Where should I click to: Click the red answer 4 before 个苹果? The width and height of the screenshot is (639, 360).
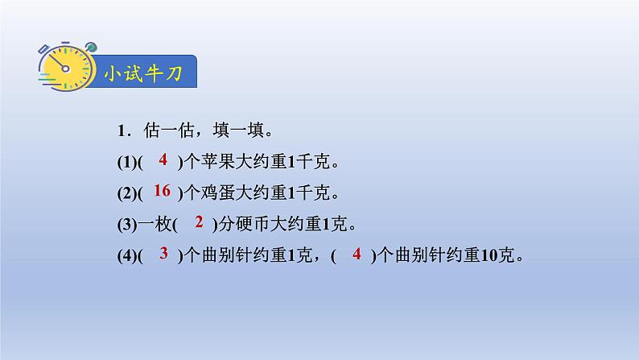point(163,160)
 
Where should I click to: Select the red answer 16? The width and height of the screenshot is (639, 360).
point(161,191)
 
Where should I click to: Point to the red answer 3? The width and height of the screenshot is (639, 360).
point(163,254)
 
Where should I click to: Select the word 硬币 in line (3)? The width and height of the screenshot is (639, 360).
point(252,223)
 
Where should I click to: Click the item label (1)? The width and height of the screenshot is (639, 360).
point(126,162)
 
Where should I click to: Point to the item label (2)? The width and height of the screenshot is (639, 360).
point(126,192)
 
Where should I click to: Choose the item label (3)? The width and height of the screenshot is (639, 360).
point(126,223)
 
